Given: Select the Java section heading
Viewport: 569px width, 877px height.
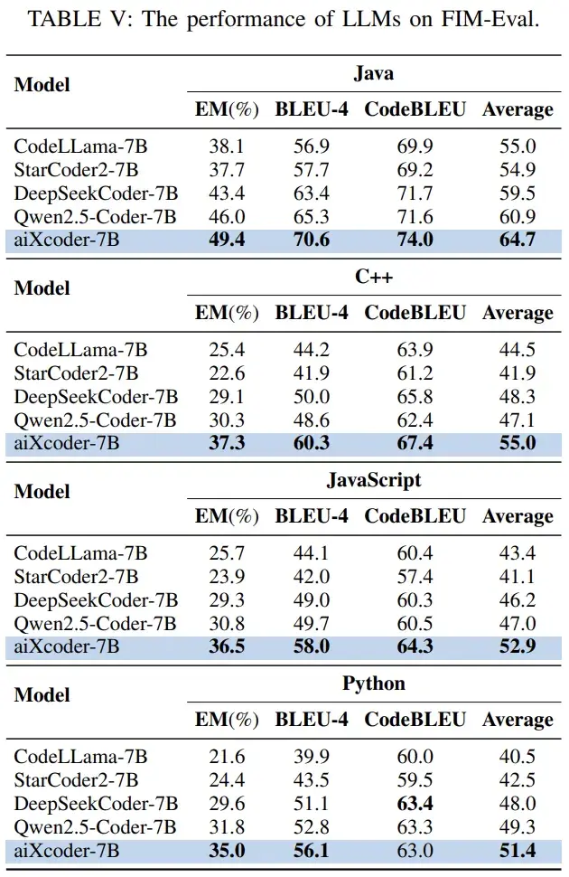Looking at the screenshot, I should [x=373, y=74].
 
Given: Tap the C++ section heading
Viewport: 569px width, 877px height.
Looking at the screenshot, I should [x=373, y=278].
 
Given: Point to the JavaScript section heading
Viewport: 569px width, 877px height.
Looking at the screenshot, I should [x=373, y=480].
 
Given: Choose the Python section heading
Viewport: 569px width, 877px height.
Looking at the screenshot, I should [x=373, y=684].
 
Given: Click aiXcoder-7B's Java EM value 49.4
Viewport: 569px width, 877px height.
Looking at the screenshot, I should [x=228, y=239].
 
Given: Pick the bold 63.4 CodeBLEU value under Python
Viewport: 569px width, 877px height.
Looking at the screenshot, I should [x=415, y=804].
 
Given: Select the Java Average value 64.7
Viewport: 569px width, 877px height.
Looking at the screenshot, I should [x=518, y=239].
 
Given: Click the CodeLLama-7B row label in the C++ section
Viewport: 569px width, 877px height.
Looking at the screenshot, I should [x=80, y=349].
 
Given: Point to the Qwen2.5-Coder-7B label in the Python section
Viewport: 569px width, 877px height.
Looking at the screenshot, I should [x=95, y=826].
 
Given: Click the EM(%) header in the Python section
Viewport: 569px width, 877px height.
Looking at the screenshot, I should [x=228, y=720].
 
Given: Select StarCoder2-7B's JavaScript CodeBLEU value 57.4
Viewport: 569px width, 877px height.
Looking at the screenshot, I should [x=415, y=576].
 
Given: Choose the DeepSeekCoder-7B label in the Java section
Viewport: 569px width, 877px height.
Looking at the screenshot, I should [x=96, y=193].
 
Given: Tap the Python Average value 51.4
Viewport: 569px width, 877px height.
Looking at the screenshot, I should [x=518, y=850].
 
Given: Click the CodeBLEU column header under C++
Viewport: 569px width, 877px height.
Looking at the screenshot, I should [x=415, y=313].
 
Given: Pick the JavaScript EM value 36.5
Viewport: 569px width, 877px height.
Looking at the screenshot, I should [x=228, y=646].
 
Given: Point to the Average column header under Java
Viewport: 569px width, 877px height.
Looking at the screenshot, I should [x=518, y=109].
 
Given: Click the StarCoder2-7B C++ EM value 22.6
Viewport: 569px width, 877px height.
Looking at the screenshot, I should [x=228, y=372].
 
